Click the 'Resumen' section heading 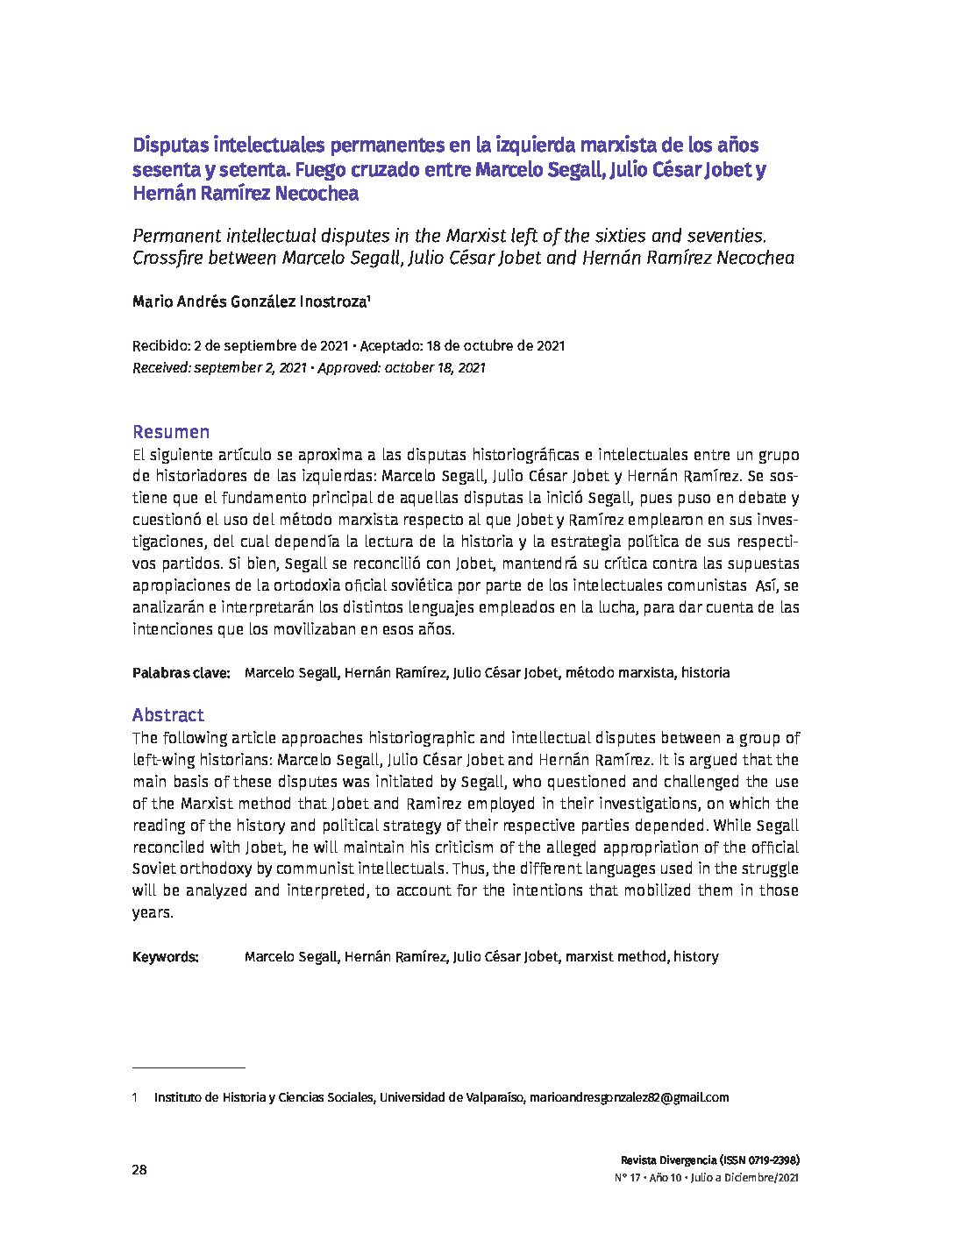tap(171, 432)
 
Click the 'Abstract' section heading tap(167, 715)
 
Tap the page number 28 tap(139, 1170)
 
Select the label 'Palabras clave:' tap(181, 673)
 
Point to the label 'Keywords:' tap(166, 957)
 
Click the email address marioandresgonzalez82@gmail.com tap(629, 1097)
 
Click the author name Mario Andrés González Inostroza tap(249, 302)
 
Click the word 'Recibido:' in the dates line tap(160, 345)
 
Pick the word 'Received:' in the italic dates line tap(163, 368)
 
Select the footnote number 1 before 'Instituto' tap(135, 1097)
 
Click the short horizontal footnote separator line tap(189, 1068)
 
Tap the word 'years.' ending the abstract tap(153, 912)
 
